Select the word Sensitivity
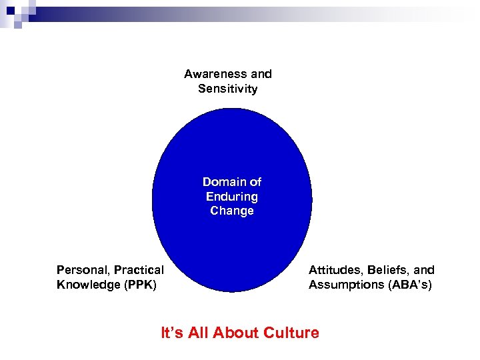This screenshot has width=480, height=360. pyautogui.click(x=227, y=89)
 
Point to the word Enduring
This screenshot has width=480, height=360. pyautogui.click(x=232, y=197)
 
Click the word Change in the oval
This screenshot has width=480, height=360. pyautogui.click(x=232, y=211)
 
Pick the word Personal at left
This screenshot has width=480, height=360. pyautogui.click(x=82, y=270)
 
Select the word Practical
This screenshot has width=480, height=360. pyautogui.click(x=139, y=270)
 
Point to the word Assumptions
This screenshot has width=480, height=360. pyautogui.click(x=347, y=285)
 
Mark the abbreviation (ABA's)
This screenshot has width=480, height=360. pyautogui.click(x=411, y=285)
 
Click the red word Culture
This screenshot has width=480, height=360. pyautogui.click(x=291, y=332)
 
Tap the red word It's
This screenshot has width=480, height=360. pyautogui.click(x=172, y=332)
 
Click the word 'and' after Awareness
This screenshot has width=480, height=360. pyautogui.click(x=261, y=74)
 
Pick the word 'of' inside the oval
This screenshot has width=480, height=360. pyautogui.click(x=255, y=182)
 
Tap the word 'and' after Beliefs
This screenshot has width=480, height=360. pyautogui.click(x=424, y=270)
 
